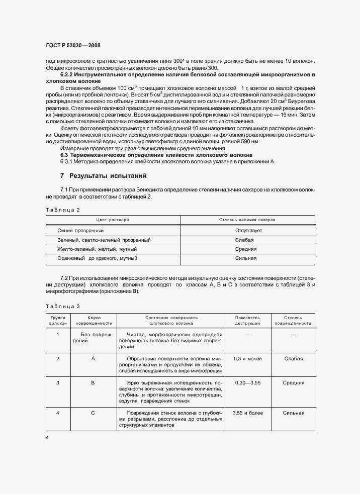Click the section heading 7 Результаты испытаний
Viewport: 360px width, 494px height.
(x=101, y=176)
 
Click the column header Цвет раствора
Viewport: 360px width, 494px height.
(x=113, y=220)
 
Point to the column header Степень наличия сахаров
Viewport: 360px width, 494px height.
(x=247, y=220)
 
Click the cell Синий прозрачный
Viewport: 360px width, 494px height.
(x=81, y=230)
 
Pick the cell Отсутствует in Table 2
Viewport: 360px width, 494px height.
(x=248, y=230)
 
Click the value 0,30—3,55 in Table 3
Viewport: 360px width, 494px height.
(x=247, y=382)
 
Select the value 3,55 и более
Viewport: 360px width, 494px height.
(x=247, y=413)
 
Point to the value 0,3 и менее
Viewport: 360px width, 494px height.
(x=247, y=358)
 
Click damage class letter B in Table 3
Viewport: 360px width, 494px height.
(x=93, y=382)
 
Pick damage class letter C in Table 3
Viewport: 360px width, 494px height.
(x=93, y=413)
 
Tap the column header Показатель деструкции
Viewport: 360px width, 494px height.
(x=247, y=321)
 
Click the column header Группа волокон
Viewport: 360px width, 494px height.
(x=58, y=321)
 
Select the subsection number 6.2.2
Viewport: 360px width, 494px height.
(x=69, y=74)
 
